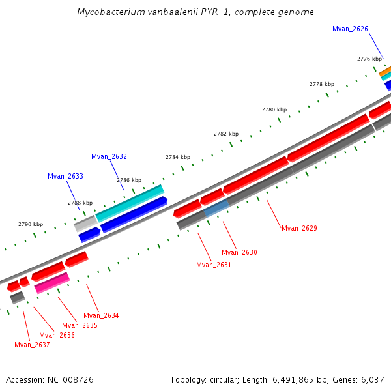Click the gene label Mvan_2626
(350, 29)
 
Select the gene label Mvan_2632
(109, 156)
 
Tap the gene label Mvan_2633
(65, 176)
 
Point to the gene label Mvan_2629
(299, 228)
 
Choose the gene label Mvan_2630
(239, 252)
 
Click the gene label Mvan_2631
(214, 265)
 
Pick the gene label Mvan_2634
(101, 315)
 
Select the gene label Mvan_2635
(80, 325)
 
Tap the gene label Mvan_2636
(57, 335)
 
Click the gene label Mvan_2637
(32, 345)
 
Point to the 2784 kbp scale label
(178, 157)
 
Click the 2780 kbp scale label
(274, 109)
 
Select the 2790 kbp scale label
(31, 224)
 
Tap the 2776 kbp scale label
(369, 59)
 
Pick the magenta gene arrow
(52, 282)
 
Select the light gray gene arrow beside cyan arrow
(85, 224)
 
